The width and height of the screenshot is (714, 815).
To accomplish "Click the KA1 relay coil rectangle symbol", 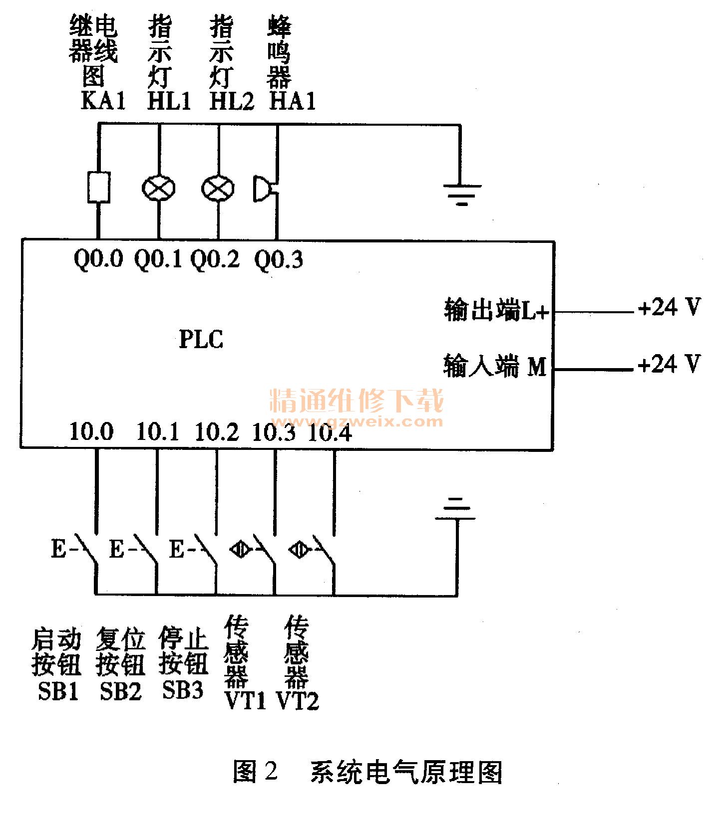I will [98, 188].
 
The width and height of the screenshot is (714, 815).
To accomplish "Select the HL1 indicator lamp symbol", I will [159, 188].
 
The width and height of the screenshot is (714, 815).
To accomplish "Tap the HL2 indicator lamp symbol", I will [218, 188].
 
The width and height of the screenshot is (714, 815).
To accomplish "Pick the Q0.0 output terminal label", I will [98, 259].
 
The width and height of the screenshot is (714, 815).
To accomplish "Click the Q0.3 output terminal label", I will [278, 259].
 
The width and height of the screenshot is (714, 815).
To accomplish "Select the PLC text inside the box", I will [201, 340].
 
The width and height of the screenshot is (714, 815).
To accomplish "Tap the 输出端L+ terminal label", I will [496, 310].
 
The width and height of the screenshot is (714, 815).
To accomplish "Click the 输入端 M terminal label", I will [495, 367].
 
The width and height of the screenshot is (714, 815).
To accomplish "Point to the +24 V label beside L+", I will [669, 307].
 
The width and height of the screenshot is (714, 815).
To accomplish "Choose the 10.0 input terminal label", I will [91, 431].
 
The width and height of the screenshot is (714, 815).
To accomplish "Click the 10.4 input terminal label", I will [330, 432].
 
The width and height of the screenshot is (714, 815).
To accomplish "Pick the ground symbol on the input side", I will [455, 509].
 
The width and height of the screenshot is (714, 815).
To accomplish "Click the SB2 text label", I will [121, 691].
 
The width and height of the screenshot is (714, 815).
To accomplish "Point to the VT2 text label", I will [298, 701].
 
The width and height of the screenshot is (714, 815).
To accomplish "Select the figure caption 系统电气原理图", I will [406, 772].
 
